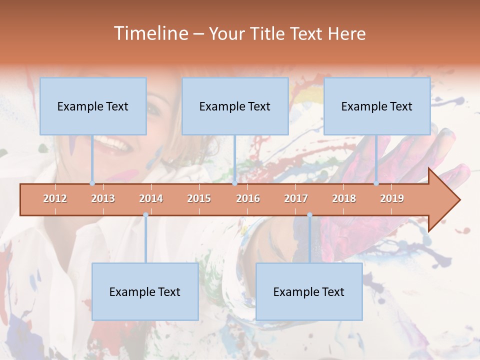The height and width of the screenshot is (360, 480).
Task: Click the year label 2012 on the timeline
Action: pyautogui.click(x=55, y=198)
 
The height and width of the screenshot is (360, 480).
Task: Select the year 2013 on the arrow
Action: pyautogui.click(x=103, y=198)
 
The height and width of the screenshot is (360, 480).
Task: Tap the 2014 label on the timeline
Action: pyautogui.click(x=151, y=198)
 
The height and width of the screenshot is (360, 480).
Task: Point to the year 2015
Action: pyautogui.click(x=199, y=198)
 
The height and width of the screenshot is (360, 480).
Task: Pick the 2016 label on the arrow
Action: pyautogui.click(x=248, y=198)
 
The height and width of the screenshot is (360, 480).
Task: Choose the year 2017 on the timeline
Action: pyautogui.click(x=296, y=198)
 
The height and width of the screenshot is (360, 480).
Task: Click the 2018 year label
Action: pyautogui.click(x=344, y=198)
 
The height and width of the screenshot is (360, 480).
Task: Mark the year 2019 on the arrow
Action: pyautogui.click(x=392, y=198)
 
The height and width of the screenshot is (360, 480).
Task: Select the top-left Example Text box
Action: pyautogui.click(x=93, y=106)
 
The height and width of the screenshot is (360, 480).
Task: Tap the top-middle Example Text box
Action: pyautogui.click(x=235, y=106)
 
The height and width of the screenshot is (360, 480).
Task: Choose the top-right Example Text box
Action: pyautogui.click(x=377, y=106)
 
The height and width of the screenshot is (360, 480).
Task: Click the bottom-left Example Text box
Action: pyautogui.click(x=145, y=291)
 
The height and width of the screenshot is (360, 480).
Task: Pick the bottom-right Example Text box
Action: pyautogui.click(x=309, y=291)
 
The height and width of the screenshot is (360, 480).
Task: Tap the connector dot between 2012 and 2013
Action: pyautogui.click(x=92, y=183)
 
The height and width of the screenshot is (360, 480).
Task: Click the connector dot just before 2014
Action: pyautogui.click(x=145, y=214)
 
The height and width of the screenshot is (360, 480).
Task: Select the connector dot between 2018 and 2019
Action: pyautogui.click(x=376, y=183)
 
